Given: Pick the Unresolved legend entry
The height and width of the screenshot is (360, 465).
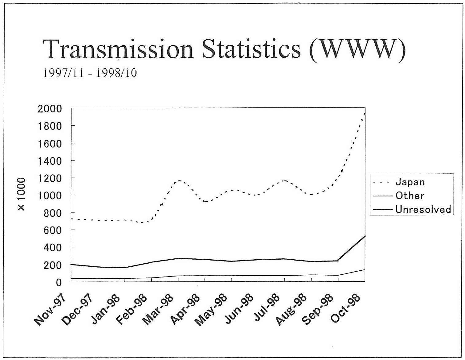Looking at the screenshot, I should pos(423,210).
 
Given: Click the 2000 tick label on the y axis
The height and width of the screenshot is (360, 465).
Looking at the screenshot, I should pos(50,109).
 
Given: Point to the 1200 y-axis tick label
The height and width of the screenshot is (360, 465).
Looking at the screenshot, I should pos(50,178).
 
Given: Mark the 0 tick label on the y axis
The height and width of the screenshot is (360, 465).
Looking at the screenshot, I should pos(59,282).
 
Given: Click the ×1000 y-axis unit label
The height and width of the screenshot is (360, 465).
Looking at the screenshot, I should pos(22,195).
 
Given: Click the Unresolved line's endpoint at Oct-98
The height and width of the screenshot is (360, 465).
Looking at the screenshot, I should pos(365,236).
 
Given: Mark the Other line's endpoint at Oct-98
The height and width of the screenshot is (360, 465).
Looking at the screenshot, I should pos(365,269).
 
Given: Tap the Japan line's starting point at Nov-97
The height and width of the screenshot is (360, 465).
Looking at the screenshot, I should pos(72,219).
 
